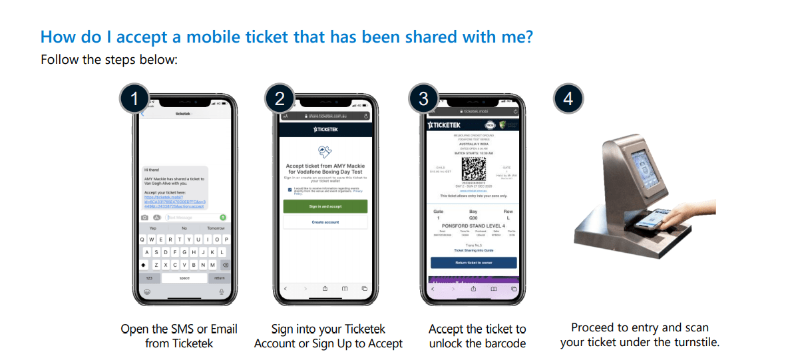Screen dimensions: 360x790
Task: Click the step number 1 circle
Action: (x=135, y=100)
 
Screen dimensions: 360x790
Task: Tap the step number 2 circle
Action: (x=280, y=100)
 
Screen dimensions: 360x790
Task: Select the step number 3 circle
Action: (x=424, y=100)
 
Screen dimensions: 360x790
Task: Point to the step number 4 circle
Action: (x=568, y=100)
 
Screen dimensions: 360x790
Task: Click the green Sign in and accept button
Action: (x=325, y=207)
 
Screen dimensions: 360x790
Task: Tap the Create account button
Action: (x=325, y=222)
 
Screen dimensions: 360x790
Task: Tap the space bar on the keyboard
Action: (x=184, y=277)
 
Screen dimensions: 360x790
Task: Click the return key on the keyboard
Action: (x=220, y=277)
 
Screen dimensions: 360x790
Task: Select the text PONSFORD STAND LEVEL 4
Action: (x=473, y=226)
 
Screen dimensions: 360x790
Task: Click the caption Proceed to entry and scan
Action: (x=640, y=327)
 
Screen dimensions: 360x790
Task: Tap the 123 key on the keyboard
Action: (x=149, y=277)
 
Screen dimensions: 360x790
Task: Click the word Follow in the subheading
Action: (x=60, y=60)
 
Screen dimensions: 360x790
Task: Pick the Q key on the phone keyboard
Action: (x=142, y=240)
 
